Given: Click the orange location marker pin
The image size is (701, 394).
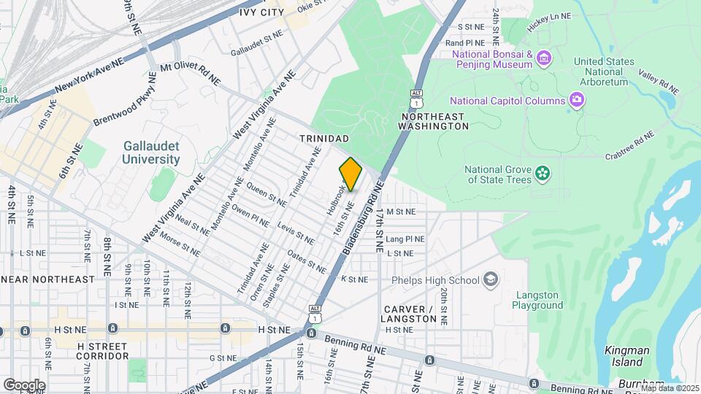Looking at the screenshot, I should [350, 174].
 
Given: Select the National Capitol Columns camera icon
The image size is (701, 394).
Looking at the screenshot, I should [577, 100].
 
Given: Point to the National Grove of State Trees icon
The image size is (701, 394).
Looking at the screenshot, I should [542, 173].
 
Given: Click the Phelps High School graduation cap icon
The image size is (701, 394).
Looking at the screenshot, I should [491, 279].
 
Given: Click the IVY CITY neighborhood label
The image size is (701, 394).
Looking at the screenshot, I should [261, 12].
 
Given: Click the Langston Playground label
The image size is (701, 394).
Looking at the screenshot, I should [539, 300].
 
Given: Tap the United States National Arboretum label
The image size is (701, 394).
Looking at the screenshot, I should [603, 72].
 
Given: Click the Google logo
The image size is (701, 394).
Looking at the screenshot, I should [23, 385].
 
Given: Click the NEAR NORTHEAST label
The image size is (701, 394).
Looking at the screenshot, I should [48, 279].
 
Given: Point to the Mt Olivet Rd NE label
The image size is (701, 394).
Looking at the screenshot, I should [191, 66].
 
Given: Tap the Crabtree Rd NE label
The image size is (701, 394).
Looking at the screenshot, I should [629, 146].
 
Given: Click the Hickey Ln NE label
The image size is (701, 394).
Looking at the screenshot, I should [551, 24].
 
